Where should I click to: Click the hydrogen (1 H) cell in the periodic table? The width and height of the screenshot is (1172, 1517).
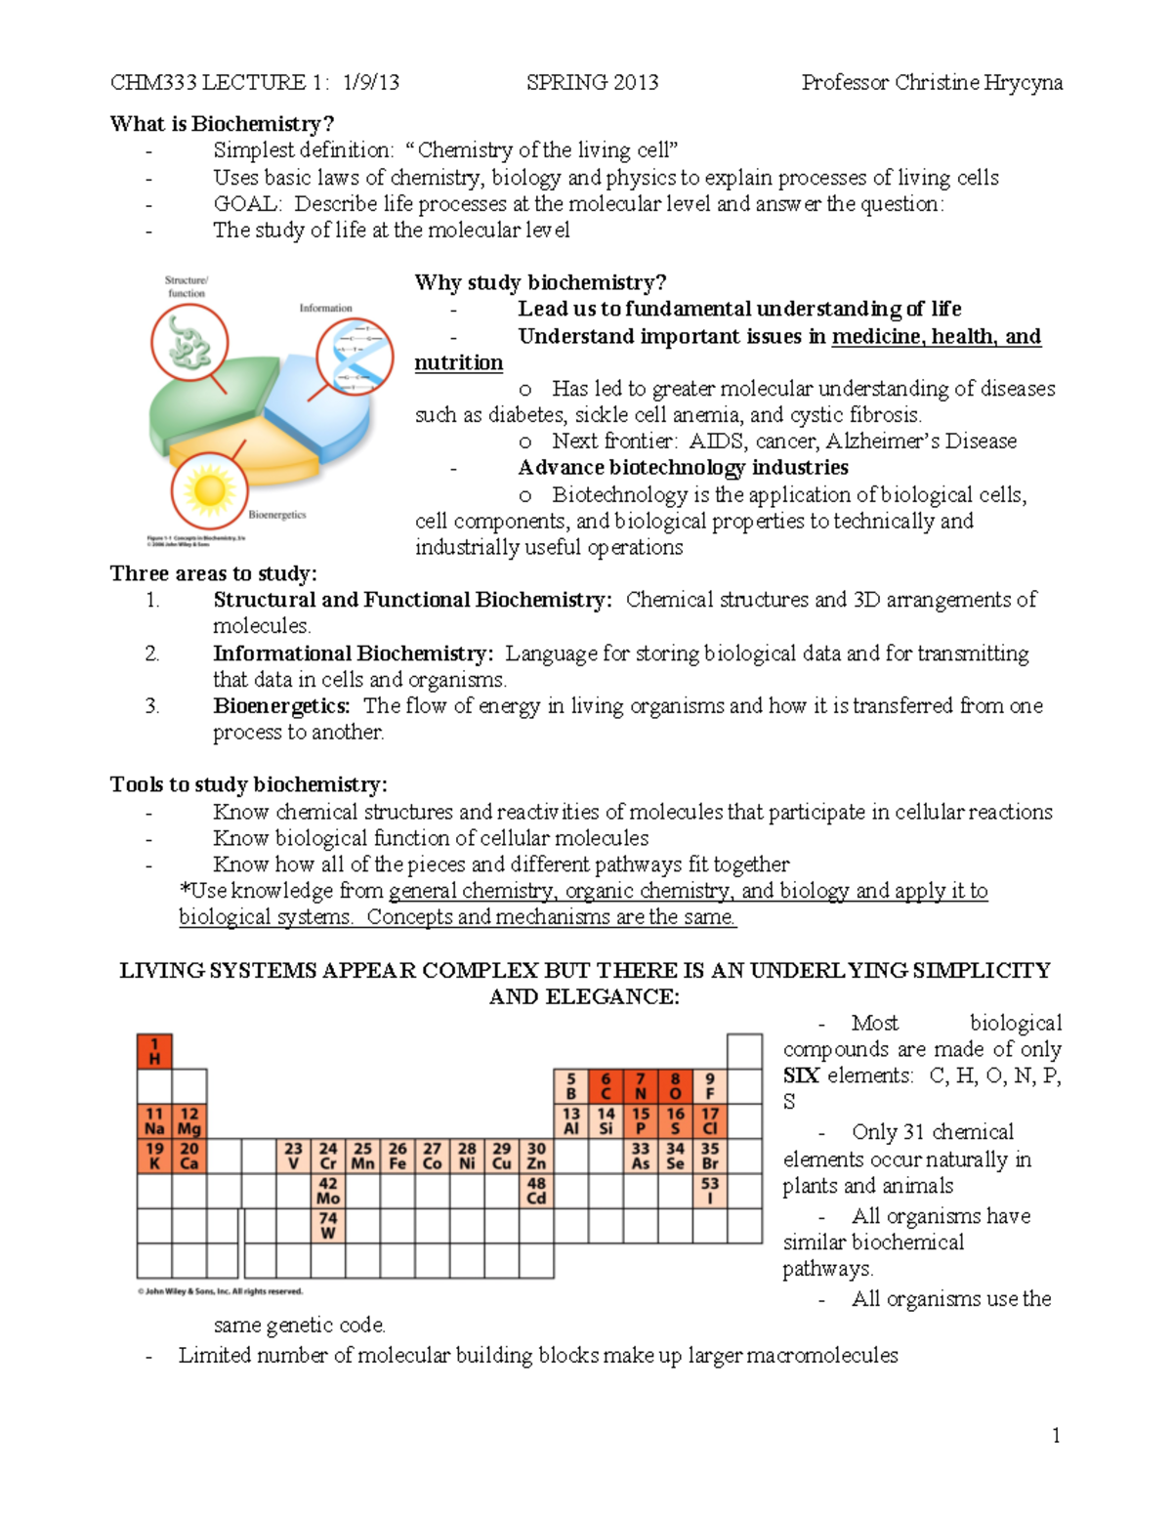(154, 1051)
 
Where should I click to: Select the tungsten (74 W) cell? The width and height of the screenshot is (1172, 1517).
(328, 1225)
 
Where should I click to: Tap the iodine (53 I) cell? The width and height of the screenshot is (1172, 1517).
(710, 1190)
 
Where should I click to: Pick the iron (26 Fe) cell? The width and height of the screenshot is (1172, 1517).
(398, 1156)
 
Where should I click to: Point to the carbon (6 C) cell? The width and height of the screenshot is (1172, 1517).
(606, 1086)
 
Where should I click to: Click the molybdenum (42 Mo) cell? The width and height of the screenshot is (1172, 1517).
(328, 1190)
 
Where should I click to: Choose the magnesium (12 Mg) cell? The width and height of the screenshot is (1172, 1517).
(189, 1120)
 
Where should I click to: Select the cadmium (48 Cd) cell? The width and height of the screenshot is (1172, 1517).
(536, 1190)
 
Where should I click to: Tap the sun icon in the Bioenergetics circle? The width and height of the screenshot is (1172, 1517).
(209, 490)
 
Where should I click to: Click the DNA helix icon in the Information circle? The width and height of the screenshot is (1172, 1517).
(355, 356)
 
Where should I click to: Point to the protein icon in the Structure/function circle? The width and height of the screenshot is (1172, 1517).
(188, 343)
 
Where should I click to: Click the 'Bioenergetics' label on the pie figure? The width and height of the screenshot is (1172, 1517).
(276, 515)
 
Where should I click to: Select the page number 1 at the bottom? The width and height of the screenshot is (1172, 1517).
(1056, 1435)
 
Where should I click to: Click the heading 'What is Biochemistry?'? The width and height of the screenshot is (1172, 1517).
(222, 124)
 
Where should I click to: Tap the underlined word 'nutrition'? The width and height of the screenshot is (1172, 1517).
(458, 362)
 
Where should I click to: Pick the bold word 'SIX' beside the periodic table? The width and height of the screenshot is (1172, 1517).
(801, 1075)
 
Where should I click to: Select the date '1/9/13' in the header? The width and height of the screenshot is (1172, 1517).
(371, 82)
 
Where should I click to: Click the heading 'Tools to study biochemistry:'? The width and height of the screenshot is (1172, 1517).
(248, 784)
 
